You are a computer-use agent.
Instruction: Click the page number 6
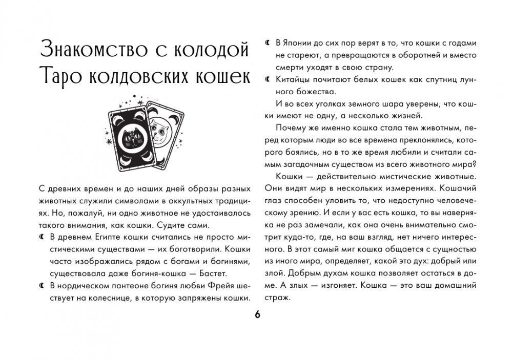coord(257,314)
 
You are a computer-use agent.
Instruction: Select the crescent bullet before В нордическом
coord(42,286)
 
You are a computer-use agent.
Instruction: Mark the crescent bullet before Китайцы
coord(266,80)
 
